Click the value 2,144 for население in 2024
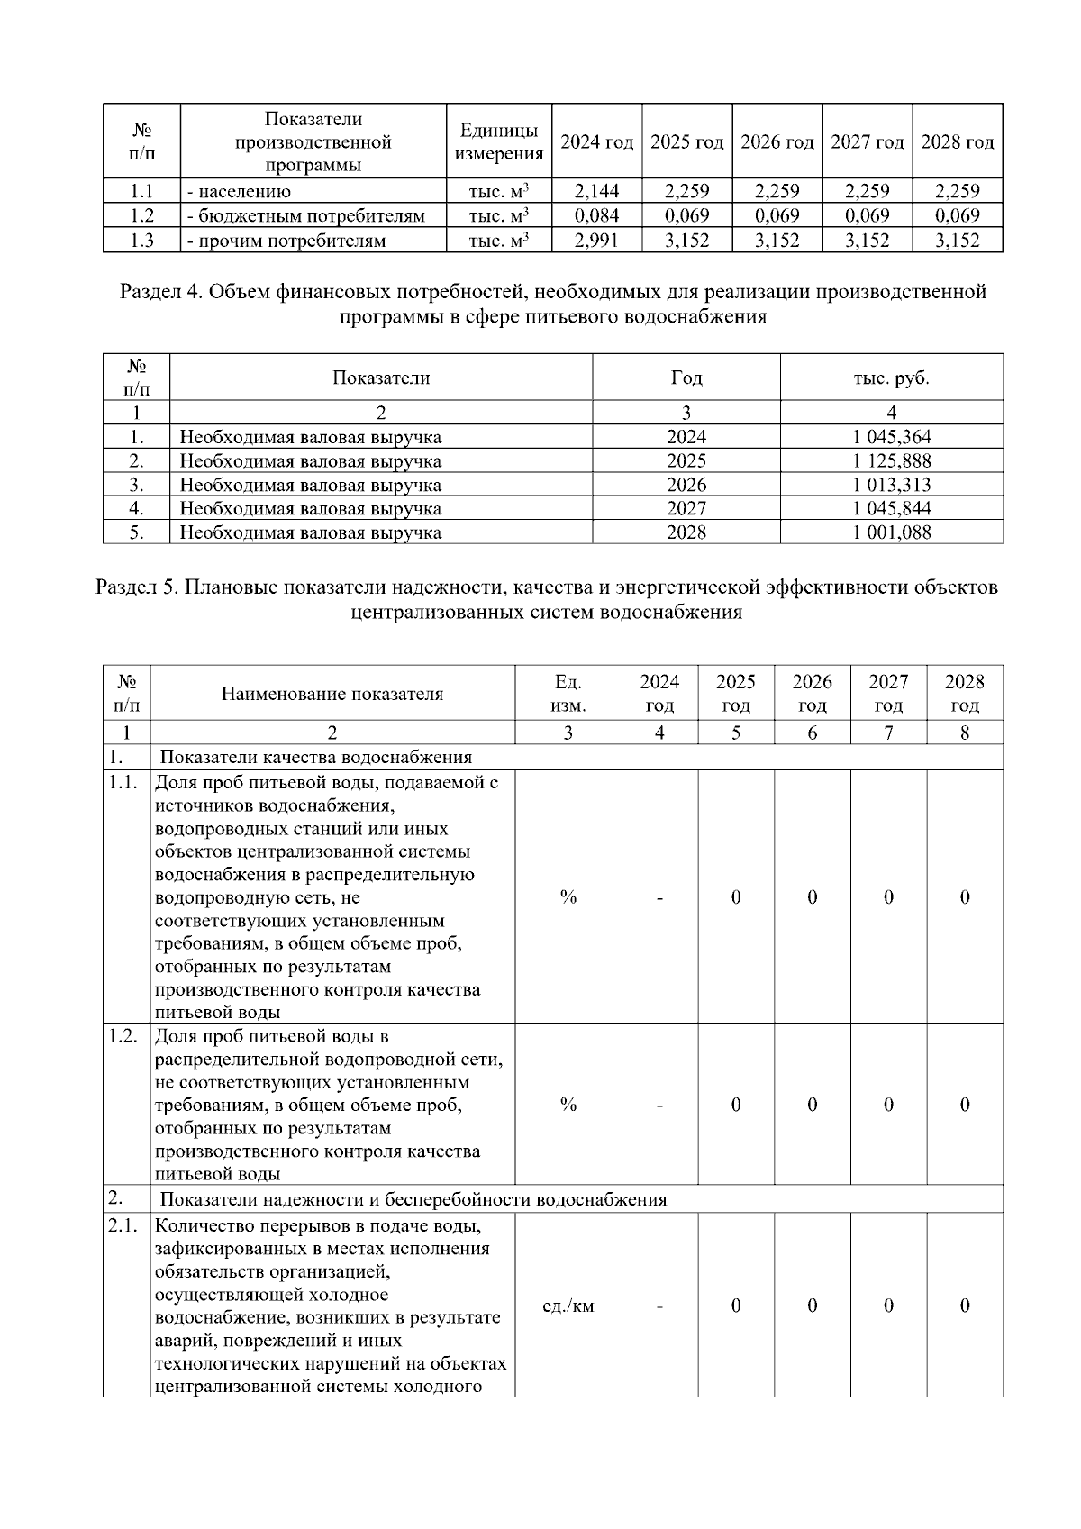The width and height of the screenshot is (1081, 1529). [596, 191]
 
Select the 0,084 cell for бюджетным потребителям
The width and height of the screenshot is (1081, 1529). [596, 215]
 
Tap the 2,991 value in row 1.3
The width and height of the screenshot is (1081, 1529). [596, 241]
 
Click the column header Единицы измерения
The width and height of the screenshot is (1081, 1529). [499, 142]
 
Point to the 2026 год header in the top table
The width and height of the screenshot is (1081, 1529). [777, 142]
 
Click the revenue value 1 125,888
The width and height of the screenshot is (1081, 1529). [891, 461]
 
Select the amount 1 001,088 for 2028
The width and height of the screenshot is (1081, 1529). [891, 532]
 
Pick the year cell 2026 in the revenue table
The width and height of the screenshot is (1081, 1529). [686, 485]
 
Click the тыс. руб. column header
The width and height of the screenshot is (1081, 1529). [891, 378]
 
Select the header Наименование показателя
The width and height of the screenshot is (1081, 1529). [332, 695]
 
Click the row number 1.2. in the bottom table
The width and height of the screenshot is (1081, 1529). [123, 1036]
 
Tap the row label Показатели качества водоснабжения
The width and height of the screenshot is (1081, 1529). [315, 758]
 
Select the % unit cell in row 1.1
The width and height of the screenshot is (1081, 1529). [568, 897]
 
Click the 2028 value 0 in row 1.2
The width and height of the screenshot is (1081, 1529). [964, 1105]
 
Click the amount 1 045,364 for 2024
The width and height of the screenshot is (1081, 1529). [891, 438]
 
